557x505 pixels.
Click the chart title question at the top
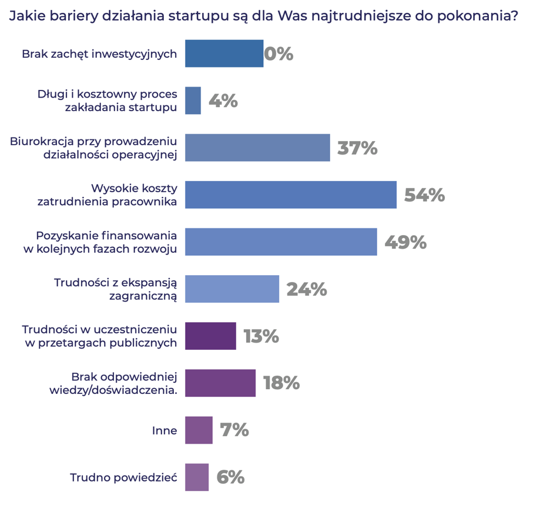click(263, 16)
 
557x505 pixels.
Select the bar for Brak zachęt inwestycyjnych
click(224, 53)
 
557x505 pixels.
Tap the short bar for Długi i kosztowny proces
click(193, 101)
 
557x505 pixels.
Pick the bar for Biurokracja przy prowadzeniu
click(257, 148)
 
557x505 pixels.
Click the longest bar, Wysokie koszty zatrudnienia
click(290, 195)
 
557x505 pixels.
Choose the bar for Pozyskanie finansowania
click(281, 242)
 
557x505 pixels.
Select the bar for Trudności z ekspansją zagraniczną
click(232, 289)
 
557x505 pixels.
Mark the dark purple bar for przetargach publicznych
click(210, 336)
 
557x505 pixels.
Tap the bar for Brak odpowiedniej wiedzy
click(220, 383)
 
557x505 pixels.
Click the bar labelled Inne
click(199, 430)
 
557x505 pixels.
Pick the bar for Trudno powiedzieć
click(197, 477)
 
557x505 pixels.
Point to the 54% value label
click(424, 195)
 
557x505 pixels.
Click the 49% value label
click(405, 242)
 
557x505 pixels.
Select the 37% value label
click(357, 148)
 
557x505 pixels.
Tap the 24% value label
click(306, 289)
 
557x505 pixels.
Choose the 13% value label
click(261, 336)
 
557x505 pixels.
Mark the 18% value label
click(281, 383)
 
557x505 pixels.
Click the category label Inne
click(165, 430)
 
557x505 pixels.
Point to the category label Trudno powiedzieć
click(123, 477)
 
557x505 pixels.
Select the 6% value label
click(230, 477)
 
